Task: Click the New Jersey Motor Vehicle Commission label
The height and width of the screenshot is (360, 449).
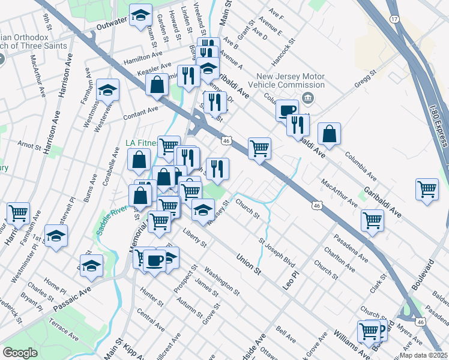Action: [291, 82]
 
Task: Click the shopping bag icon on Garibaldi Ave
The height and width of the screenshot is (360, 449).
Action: [329, 135]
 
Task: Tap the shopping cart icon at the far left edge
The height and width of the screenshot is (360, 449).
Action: [18, 212]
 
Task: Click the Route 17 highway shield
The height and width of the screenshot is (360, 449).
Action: [394, 19]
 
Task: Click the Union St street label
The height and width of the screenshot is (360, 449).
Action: [249, 265]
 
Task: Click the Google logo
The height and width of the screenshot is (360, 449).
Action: [20, 353]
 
